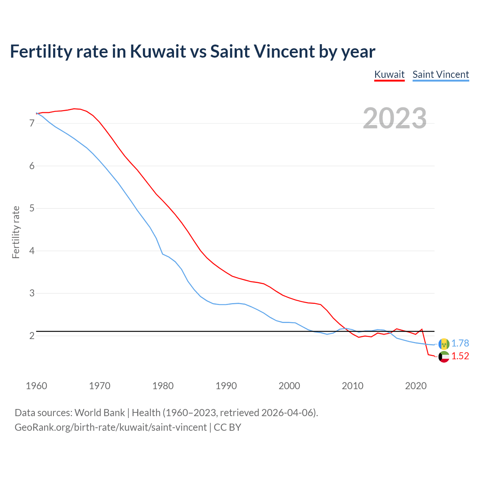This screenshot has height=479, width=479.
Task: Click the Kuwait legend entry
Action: [389, 74]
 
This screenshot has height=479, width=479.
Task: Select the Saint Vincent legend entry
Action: [440, 74]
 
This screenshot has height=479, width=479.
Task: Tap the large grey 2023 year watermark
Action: [395, 118]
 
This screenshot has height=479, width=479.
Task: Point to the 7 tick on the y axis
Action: [32, 123]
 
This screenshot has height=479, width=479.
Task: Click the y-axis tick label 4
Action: [32, 251]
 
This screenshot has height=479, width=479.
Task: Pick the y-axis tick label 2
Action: [32, 336]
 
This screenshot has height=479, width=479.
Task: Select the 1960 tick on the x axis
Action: [36, 386]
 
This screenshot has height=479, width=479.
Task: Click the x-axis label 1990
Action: [226, 386]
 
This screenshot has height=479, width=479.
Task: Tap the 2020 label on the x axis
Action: [416, 386]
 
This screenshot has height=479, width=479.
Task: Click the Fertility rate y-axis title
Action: [16, 232]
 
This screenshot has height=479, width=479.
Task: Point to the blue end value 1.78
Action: [460, 343]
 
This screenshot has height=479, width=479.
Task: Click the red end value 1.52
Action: [460, 356]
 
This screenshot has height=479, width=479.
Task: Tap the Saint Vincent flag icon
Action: [444, 344]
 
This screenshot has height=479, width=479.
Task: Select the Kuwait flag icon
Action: [444, 357]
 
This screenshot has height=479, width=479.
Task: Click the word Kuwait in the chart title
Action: [158, 51]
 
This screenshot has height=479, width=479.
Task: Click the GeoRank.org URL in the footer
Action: [110, 427]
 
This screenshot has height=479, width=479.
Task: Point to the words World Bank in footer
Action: [100, 413]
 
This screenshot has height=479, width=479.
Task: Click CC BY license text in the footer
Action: [228, 427]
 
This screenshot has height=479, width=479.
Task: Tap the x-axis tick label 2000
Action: [289, 386]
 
